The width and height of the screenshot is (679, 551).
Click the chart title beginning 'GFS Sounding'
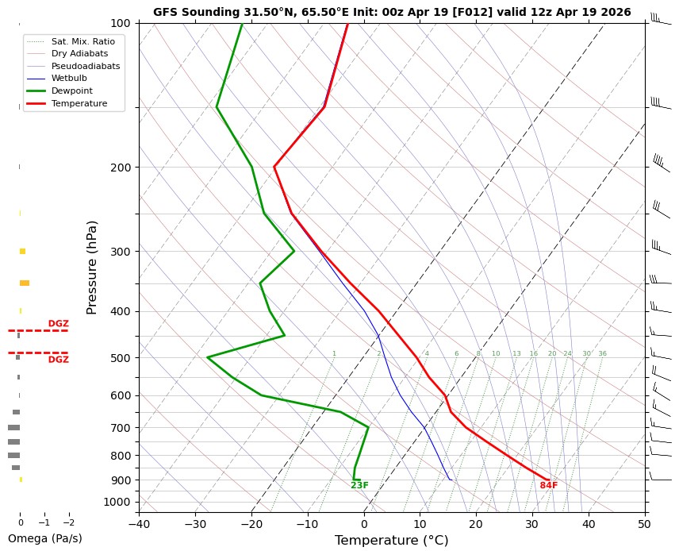click(392, 12)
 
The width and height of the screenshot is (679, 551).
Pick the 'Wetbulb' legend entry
click(69, 79)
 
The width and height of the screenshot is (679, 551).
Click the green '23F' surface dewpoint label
click(359, 486)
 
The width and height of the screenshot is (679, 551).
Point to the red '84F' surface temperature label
click(549, 486)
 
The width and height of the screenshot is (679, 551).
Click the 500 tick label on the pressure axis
click(121, 358)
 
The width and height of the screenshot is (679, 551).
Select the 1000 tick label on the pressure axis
click(117, 502)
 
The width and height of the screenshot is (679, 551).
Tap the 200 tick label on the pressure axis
click(121, 168)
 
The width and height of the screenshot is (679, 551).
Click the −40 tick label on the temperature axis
click(139, 523)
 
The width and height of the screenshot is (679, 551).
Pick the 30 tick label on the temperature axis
click(532, 523)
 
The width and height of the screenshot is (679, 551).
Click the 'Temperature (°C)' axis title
click(392, 541)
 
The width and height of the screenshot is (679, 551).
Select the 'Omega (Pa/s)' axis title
click(44, 538)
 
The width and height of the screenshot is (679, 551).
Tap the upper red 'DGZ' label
click(58, 324)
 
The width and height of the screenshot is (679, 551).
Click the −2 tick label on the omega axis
click(68, 522)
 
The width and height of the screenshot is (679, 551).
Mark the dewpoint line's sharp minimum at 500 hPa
click(207, 357)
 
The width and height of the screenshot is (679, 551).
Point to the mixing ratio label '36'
click(602, 353)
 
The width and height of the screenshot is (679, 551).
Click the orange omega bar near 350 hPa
click(25, 283)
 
